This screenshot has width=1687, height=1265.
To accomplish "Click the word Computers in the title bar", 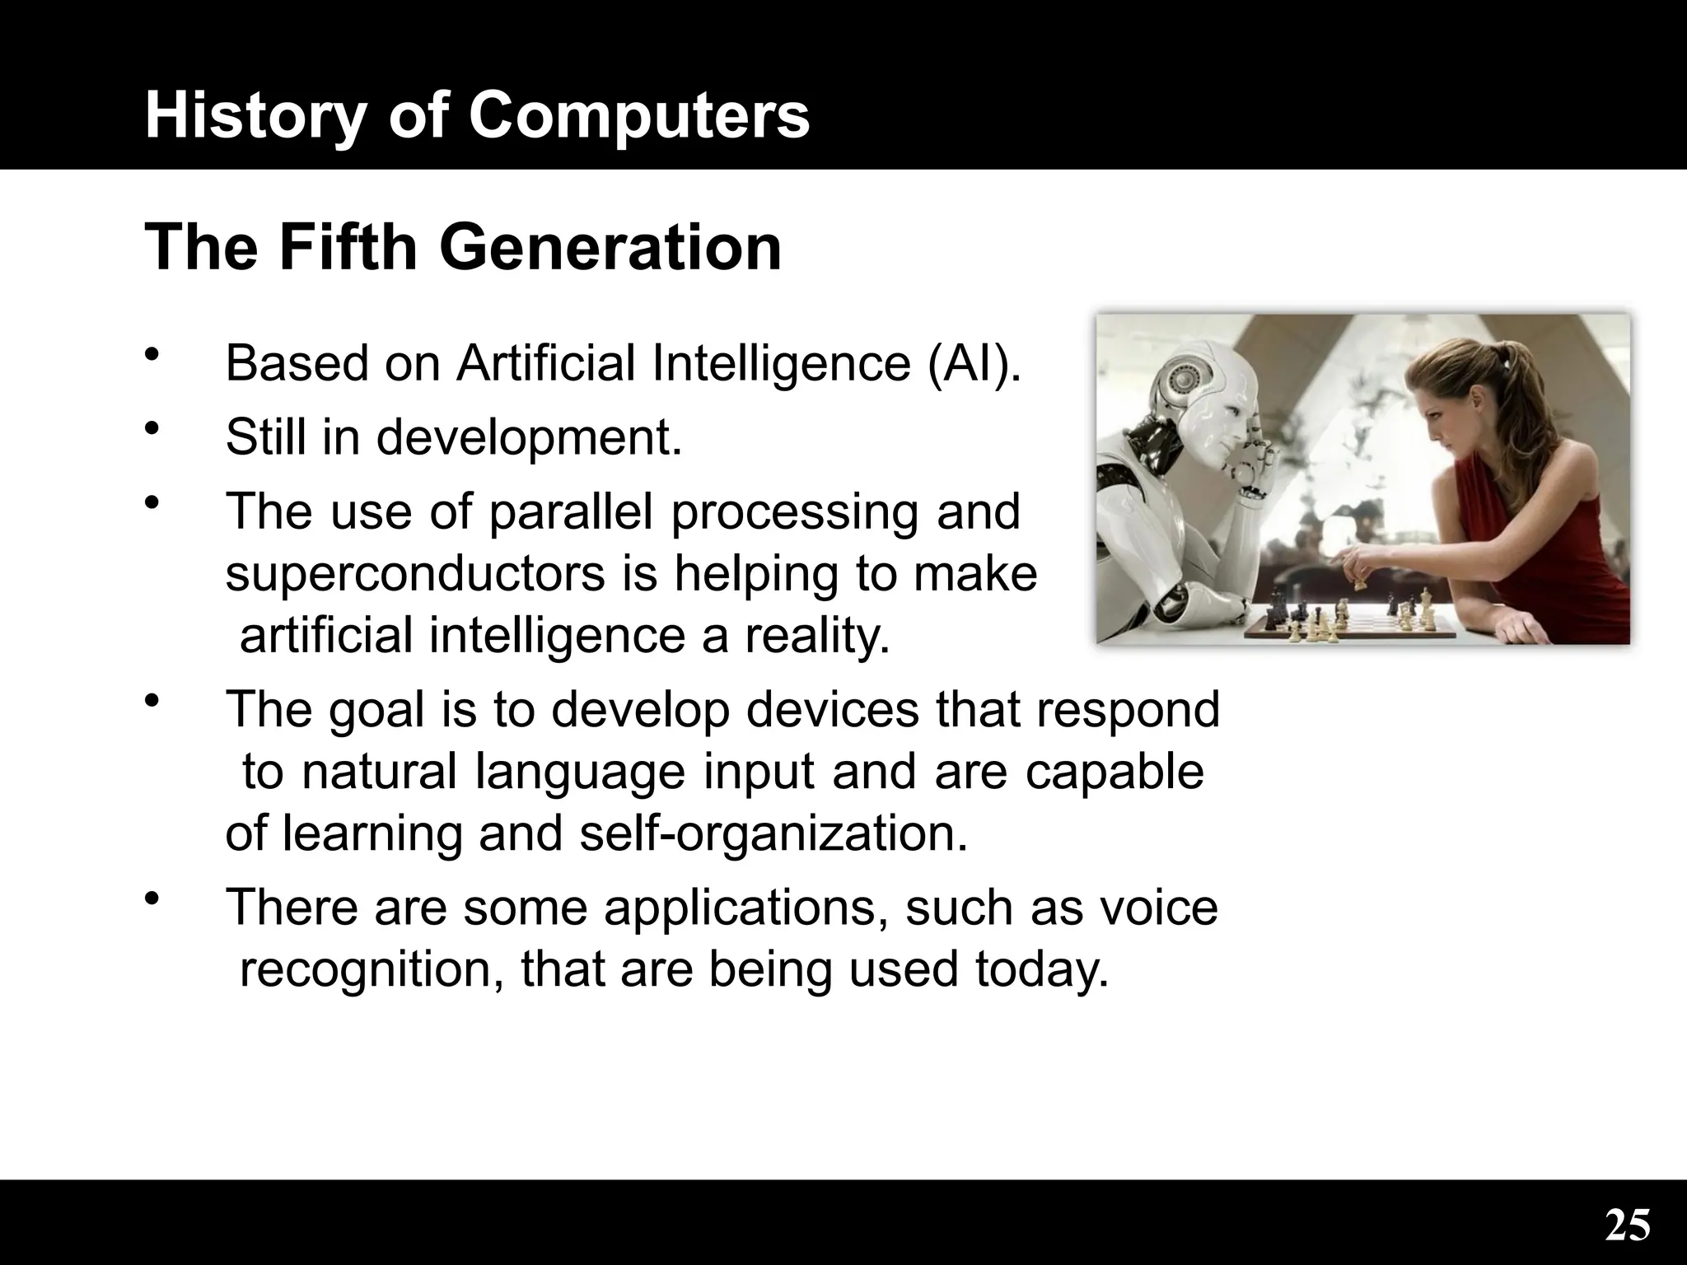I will pos(639,116).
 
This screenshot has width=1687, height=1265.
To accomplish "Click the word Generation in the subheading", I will pos(610,248).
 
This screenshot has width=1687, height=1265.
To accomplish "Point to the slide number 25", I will pos(1627,1225).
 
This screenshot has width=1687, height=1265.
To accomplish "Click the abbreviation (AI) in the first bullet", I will pos(974,363).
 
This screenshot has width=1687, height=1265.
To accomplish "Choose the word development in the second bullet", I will pos(529,436).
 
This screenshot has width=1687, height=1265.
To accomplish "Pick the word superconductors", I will pos(416,574).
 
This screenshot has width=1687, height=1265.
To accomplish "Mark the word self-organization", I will pos(773,834).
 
